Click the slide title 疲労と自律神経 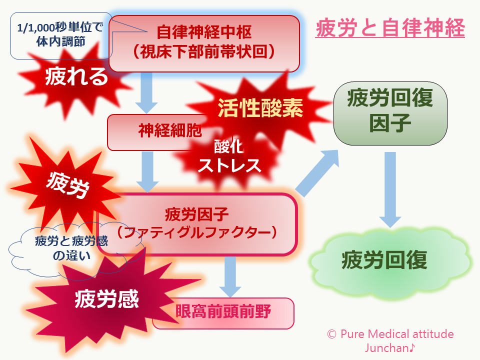(x=390, y=28)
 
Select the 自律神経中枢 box (x=204, y=42)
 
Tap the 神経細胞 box (x=150, y=131)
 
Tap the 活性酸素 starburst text (x=260, y=107)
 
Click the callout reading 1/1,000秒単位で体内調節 (x=62, y=35)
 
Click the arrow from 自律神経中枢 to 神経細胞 (x=146, y=93)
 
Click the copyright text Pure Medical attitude (x=390, y=334)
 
